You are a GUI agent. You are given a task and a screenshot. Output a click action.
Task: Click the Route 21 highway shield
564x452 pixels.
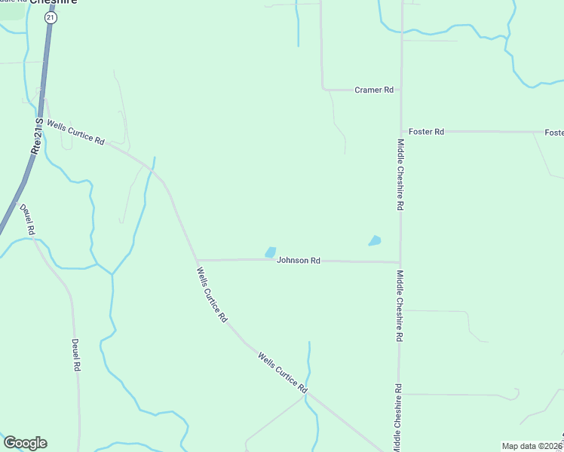50,17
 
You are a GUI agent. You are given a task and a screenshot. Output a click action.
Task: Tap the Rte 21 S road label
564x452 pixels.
36,136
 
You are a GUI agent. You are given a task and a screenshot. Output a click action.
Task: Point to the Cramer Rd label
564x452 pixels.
374,90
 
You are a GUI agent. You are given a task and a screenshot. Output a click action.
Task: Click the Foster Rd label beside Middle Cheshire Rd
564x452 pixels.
426,131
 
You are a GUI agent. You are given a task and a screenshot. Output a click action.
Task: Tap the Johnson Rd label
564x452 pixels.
299,260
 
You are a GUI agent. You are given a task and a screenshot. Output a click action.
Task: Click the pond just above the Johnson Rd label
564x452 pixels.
270,252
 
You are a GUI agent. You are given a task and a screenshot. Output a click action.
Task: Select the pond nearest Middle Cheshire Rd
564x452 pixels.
374,241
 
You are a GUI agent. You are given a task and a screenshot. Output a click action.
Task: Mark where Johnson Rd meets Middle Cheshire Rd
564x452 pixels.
400,262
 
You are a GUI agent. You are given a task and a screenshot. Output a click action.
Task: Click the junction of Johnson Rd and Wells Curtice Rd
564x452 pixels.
197,260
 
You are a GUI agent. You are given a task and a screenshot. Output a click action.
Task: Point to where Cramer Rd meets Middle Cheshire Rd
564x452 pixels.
400,90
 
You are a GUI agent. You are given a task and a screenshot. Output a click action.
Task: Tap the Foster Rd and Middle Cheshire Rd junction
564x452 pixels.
400,131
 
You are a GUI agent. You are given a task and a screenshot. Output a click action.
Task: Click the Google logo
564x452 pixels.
25,443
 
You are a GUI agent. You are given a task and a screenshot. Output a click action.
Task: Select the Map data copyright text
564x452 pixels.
532,445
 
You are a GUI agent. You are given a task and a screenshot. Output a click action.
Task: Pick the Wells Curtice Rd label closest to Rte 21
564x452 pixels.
75,131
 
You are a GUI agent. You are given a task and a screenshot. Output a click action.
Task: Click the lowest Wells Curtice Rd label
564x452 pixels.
282,371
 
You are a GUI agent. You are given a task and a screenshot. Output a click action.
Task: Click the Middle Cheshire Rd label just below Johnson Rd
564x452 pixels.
400,307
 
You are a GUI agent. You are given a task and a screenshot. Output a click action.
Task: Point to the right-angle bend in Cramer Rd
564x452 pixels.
323,89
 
